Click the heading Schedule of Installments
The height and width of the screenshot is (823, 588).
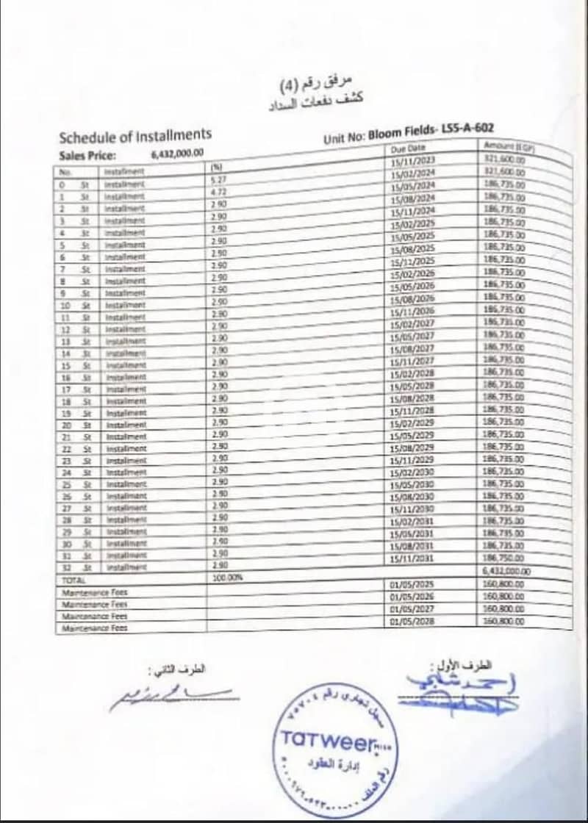click(x=135, y=136)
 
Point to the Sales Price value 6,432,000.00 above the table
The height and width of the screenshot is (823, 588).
click(x=177, y=154)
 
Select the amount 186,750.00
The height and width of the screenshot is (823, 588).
click(x=503, y=558)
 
